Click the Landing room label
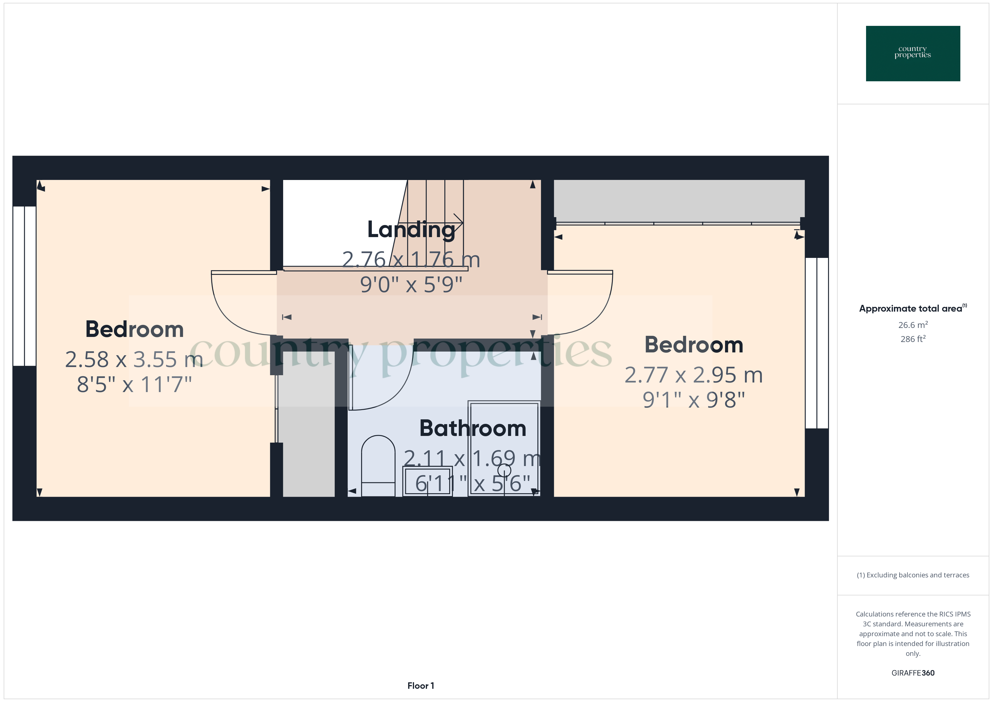[x=411, y=229]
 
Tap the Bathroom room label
[x=473, y=428]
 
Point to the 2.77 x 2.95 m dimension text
[x=693, y=375]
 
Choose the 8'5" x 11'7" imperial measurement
[x=134, y=384]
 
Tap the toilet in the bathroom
[x=378, y=465]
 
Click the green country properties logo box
[x=913, y=54]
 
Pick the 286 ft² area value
[x=913, y=339]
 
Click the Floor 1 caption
[x=421, y=686]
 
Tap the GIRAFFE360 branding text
[x=913, y=672]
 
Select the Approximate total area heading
[x=913, y=308]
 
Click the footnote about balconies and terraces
[x=913, y=575]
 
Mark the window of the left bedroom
[x=24, y=286]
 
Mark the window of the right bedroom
[x=817, y=343]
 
